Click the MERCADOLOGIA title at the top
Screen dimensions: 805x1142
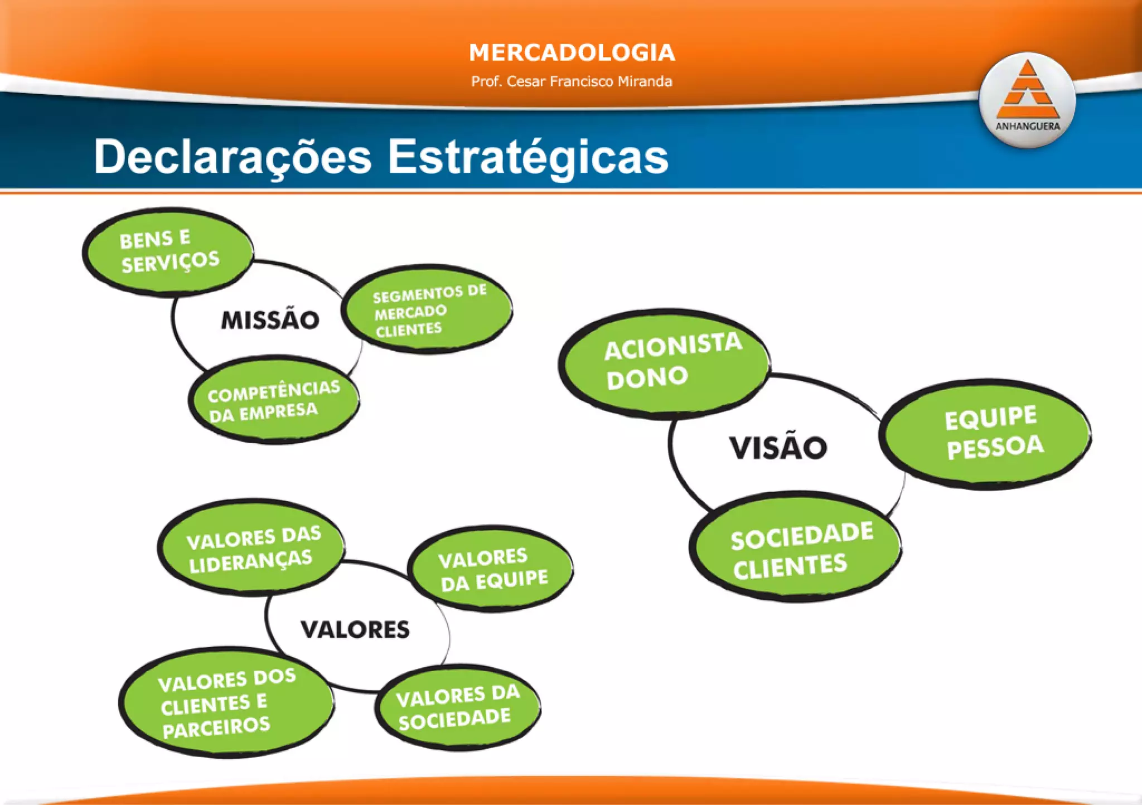(x=572, y=53)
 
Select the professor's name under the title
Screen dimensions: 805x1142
(x=572, y=81)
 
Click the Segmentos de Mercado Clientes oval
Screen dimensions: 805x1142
(x=427, y=309)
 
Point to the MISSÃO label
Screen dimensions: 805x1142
(x=270, y=320)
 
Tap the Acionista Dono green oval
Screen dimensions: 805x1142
(x=664, y=363)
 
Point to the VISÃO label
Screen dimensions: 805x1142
(x=778, y=448)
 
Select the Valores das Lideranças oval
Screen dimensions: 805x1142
(x=251, y=548)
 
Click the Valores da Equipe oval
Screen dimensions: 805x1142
(x=490, y=569)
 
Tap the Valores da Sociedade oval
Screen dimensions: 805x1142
(x=457, y=707)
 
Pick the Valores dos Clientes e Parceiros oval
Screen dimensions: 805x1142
(x=226, y=702)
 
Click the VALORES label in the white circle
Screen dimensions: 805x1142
(x=355, y=629)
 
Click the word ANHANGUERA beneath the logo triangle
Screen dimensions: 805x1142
(x=1027, y=127)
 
